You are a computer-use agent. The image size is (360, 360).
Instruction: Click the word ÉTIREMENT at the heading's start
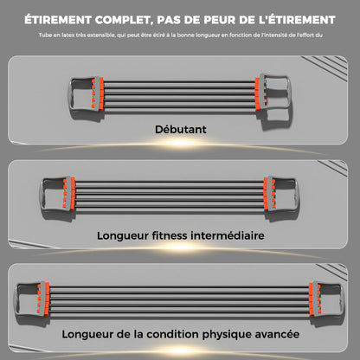58,20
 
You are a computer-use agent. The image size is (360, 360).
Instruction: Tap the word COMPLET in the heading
124,20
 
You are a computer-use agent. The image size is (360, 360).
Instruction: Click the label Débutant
181,129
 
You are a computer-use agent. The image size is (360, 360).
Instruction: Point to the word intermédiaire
228,235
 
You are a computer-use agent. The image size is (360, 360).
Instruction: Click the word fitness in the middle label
170,235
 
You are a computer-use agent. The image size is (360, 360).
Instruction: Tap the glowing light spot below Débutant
180,143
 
